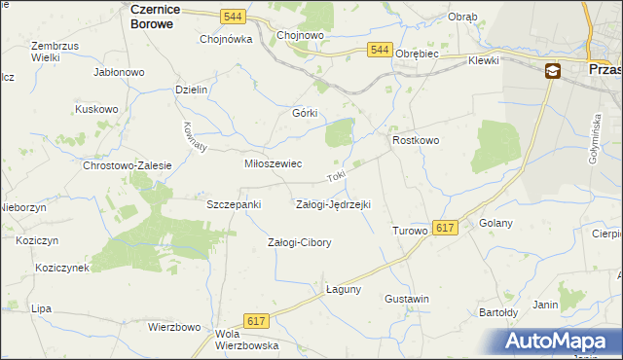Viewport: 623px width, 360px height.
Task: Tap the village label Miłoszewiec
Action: [272, 164]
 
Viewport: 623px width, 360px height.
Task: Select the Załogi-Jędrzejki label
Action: [332, 204]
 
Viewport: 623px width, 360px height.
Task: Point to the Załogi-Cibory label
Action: [300, 242]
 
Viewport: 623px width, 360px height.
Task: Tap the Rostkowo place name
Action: [416, 141]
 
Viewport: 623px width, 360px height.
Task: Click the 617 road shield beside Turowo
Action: [445, 227]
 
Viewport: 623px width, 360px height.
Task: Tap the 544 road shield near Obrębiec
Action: [380, 50]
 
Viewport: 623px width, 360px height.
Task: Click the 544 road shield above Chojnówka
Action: [232, 17]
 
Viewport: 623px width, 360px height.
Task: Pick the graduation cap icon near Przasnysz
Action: [552, 70]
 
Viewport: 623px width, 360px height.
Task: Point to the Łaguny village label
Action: [344, 289]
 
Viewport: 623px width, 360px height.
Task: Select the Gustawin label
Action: [407, 298]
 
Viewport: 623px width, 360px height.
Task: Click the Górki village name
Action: [306, 112]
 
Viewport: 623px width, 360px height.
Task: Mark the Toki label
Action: [336, 178]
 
